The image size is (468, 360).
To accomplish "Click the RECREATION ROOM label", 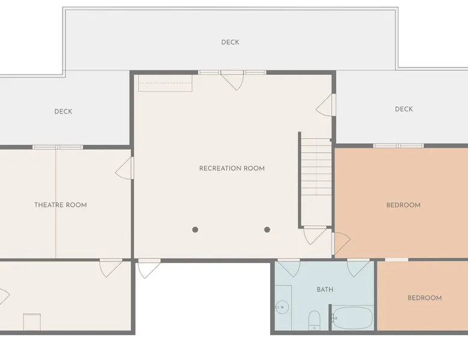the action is coord(232,168).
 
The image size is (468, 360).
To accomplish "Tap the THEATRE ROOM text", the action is coord(61,205).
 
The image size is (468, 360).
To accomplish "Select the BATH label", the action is coord(325,290).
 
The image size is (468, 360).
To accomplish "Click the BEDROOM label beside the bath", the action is coord(425,298).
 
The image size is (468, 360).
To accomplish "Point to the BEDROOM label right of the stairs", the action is coord(403,205).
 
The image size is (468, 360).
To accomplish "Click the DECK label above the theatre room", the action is coord(63,112).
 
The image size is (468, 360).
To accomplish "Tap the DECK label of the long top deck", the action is coord(230,42).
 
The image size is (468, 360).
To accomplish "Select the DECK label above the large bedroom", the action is coord(404,109).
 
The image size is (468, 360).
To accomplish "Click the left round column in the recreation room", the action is coord(195,230).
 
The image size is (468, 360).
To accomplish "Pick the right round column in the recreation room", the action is coord(267,230).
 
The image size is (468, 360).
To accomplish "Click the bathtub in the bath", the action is coord(353,318).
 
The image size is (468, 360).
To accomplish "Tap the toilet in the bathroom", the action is coord(314,320).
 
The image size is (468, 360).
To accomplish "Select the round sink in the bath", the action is coord(282,307).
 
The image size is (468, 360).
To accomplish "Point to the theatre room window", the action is coord(58,147).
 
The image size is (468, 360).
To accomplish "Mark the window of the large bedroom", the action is coord(398,146).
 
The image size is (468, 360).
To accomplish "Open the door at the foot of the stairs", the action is coord(315,235).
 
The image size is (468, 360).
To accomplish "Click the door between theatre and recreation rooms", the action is coord(125,168).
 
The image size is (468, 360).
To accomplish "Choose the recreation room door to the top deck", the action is coord(232,81).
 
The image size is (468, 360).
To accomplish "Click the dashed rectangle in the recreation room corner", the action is coord(165,83).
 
